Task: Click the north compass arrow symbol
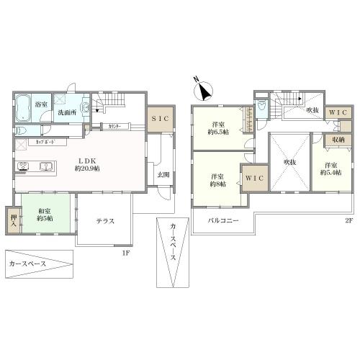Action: pos(204,91)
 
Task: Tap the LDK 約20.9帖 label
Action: pos(86,163)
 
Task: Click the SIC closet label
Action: pos(160,120)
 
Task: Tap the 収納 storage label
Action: pos(338,140)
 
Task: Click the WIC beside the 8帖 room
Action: pos(253,179)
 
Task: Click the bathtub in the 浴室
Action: pos(24,104)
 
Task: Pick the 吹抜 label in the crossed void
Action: pos(290,163)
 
